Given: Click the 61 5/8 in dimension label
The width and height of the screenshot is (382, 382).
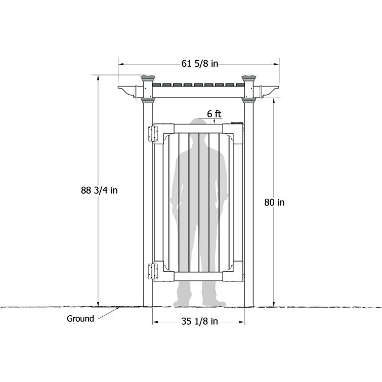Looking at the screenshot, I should (x=199, y=64).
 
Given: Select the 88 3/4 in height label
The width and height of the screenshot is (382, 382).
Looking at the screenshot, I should (x=99, y=190).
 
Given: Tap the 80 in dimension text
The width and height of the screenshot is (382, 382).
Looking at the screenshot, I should (x=274, y=202).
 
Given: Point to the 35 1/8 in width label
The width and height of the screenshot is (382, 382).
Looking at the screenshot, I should (x=199, y=321).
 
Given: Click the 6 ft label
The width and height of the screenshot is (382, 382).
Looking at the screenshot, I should (x=214, y=114).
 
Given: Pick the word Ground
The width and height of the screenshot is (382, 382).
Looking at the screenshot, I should (x=80, y=319).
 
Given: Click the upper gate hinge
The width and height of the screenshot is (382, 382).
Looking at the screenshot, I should (x=150, y=134).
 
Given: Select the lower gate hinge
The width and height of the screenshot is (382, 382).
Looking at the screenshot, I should (x=150, y=271).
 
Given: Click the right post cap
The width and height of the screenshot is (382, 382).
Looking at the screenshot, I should (x=249, y=79).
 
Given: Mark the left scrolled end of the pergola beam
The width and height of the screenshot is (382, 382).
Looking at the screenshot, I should (x=126, y=91).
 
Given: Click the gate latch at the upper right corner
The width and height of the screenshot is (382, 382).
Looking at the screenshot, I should (x=237, y=122).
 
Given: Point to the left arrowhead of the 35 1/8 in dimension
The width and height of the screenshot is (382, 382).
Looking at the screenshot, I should (x=155, y=321).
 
